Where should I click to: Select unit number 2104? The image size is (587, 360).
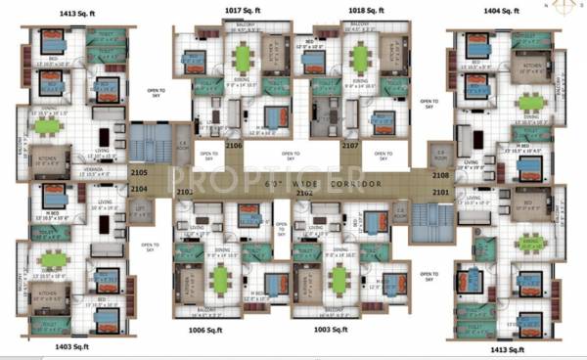click(x=138, y=188)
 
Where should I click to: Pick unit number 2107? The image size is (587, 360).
click(x=349, y=145)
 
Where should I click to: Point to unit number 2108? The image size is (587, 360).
click(x=440, y=176)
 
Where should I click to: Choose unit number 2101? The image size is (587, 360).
click(x=440, y=192)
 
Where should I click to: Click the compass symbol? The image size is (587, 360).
click(x=565, y=8)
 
